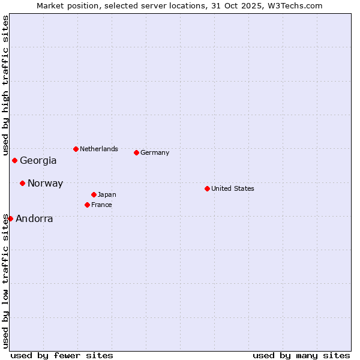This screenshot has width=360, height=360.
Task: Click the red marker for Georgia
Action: tap(14, 160)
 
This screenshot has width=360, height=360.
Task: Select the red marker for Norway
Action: tap(22, 183)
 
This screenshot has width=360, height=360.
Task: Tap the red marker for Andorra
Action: tap(10, 218)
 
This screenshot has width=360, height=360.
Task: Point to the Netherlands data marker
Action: tap(76, 149)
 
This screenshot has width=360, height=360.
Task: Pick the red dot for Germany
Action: tap(136, 152)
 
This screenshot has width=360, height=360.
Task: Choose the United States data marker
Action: tap(207, 188)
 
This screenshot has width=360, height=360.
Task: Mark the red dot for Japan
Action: tap(94, 194)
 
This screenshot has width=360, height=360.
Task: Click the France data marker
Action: tap(87, 205)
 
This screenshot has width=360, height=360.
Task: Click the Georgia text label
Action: tap(38, 161)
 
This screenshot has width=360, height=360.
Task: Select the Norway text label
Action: tap(45, 184)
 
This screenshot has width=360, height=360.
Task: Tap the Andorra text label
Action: tap(34, 219)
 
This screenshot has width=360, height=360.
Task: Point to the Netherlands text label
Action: tap(99, 149)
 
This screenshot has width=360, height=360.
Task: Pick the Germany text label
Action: tap(155, 152)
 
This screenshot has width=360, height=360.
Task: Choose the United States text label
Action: tap(233, 188)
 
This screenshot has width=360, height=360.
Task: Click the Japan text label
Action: tap(107, 194)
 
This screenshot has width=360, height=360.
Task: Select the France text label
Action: tap(101, 205)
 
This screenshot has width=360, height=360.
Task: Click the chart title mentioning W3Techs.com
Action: tap(179, 5)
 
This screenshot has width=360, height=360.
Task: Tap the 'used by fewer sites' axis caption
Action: tap(62, 355)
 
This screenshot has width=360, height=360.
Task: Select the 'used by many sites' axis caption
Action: tap(301, 355)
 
